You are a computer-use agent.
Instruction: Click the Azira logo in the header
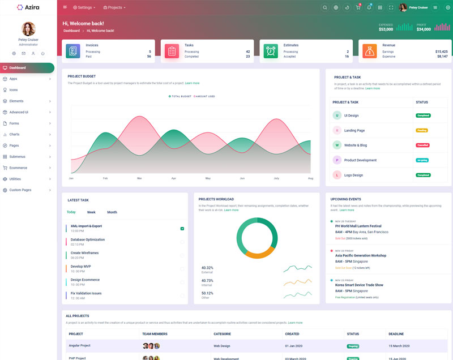pos(28,7)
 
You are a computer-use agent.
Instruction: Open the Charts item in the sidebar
pos(15,134)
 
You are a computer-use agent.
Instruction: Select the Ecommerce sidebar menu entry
pos(18,168)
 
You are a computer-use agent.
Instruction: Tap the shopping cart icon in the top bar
pos(358,7)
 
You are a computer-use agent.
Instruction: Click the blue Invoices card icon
pos(73,51)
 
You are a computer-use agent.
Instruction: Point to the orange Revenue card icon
pos(370,51)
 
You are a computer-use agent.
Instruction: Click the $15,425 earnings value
pos(441,52)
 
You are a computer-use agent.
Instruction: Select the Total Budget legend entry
pos(180,96)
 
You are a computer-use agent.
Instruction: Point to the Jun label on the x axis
pos(242,178)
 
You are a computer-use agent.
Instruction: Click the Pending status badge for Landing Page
pos(422,130)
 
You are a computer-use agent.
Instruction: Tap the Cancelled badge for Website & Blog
pos(422,145)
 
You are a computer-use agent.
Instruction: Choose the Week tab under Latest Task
pos(91,212)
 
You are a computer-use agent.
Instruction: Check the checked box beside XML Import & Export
pos(182,229)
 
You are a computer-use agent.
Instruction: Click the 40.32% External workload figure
pos(207,268)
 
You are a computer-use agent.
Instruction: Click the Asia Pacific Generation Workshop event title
pos(361,255)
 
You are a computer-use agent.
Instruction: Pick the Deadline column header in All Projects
pos(396,334)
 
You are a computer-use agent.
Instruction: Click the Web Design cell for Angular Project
pos(221,345)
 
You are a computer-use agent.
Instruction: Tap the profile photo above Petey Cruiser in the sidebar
pos(28,29)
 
